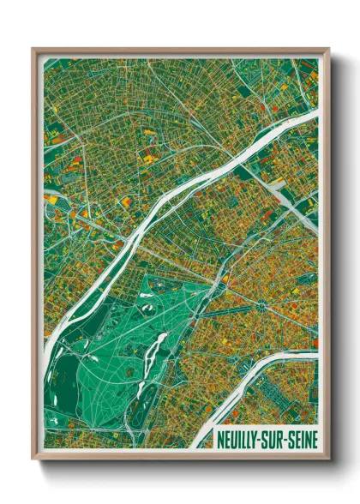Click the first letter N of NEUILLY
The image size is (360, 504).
pos(219,435)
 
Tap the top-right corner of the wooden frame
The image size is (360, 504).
pos(328,50)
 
